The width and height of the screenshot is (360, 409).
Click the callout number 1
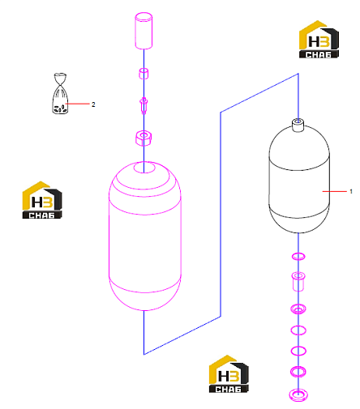coord(351,191)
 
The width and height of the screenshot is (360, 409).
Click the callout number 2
coord(93,104)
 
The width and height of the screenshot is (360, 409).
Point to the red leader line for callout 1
coord(334,191)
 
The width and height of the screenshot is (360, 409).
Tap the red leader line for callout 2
coord(77,104)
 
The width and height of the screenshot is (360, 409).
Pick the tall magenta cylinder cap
coord(144,31)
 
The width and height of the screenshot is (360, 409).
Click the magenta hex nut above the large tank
coord(144,138)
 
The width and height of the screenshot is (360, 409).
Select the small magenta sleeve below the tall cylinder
coord(144,74)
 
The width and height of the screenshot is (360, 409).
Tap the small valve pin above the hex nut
coord(144,105)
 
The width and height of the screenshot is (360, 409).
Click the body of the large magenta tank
coord(144,243)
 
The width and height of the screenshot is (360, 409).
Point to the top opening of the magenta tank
coord(144,167)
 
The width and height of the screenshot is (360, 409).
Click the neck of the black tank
coord(298,125)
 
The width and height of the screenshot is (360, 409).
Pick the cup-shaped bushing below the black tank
coord(298,282)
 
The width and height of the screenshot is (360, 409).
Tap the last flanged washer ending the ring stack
coord(298,395)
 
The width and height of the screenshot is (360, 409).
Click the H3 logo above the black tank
coord(319,40)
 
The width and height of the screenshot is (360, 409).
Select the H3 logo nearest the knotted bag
coord(42,200)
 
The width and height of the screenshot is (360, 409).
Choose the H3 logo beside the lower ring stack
coord(229,374)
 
